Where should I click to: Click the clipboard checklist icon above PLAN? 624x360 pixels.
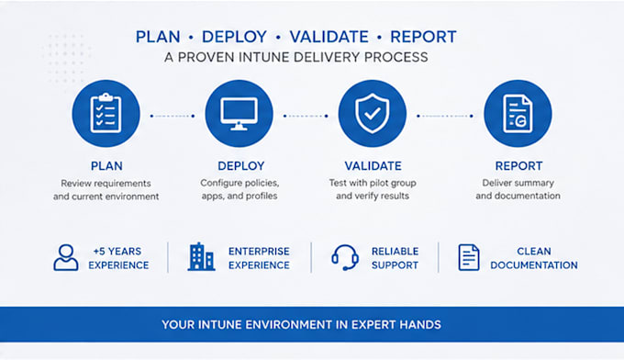(106, 114)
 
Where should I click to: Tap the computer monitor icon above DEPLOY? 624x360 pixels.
(239, 114)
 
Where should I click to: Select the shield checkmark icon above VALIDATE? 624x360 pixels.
(372, 114)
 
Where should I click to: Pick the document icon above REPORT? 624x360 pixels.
(518, 114)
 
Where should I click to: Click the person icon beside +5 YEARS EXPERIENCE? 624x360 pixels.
(66, 258)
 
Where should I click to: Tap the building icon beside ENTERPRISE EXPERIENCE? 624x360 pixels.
(201, 257)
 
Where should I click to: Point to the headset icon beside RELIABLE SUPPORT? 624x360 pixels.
(345, 257)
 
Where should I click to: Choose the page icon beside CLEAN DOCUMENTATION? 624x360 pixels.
(469, 257)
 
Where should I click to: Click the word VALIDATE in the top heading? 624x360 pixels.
(329, 37)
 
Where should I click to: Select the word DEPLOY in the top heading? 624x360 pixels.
(234, 37)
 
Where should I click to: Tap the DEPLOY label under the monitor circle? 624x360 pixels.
(241, 165)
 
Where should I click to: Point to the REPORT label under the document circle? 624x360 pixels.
(518, 165)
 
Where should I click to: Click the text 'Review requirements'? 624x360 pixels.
(106, 183)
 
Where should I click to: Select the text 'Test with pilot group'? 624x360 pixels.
(373, 183)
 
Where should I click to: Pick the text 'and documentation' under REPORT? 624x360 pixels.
(518, 196)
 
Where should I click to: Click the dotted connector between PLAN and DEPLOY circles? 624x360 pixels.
(173, 116)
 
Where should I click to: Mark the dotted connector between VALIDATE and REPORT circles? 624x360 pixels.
(444, 116)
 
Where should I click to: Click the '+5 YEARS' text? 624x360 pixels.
(117, 252)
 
